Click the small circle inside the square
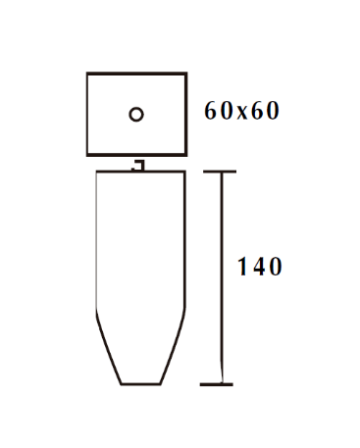tap(136, 115)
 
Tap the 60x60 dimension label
tap(241, 111)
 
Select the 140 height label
tap(260, 267)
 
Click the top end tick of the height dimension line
tap(220, 172)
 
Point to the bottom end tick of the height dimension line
tap(217, 384)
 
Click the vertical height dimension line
tap(222, 277)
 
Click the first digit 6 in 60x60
tap(210, 111)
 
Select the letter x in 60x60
tap(242, 113)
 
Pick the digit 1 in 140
tap(242, 267)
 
